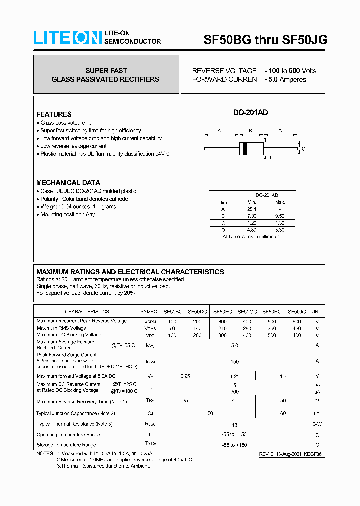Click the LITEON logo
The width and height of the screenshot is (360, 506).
[67, 38]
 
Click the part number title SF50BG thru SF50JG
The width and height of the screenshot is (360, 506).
[265, 40]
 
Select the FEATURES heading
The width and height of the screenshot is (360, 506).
[54, 114]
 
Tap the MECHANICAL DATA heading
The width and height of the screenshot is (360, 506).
[68, 183]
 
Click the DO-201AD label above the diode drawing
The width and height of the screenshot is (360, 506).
[250, 113]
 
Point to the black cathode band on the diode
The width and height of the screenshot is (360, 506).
[244, 148]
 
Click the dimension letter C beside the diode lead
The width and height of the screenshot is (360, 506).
[303, 149]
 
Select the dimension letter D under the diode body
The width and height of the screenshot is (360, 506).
[269, 158]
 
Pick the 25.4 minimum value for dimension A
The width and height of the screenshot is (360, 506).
[252, 209]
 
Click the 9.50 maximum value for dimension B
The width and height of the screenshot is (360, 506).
[280, 216]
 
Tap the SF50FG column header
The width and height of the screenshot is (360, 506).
[222, 311]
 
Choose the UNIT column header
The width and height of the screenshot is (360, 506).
[317, 311]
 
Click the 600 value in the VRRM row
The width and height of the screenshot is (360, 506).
[296, 321]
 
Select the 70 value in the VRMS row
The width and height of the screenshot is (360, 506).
[172, 328]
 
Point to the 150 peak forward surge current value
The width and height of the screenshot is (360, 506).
[234, 362]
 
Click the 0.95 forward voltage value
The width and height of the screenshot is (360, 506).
[185, 376]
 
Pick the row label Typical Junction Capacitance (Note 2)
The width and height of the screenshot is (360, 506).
[76, 413]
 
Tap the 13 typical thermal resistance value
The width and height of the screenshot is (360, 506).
[234, 425]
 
